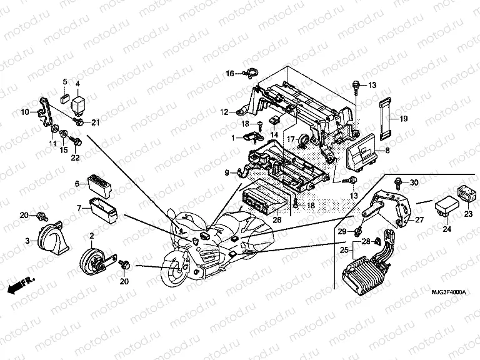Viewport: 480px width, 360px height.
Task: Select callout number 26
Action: [x=277, y=219]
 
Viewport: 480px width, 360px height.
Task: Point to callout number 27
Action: [x=419, y=219]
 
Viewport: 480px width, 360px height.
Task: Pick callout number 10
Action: [x=25, y=112]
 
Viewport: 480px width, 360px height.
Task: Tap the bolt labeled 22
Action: [x=77, y=143]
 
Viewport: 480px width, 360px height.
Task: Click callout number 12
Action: [x=224, y=112]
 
